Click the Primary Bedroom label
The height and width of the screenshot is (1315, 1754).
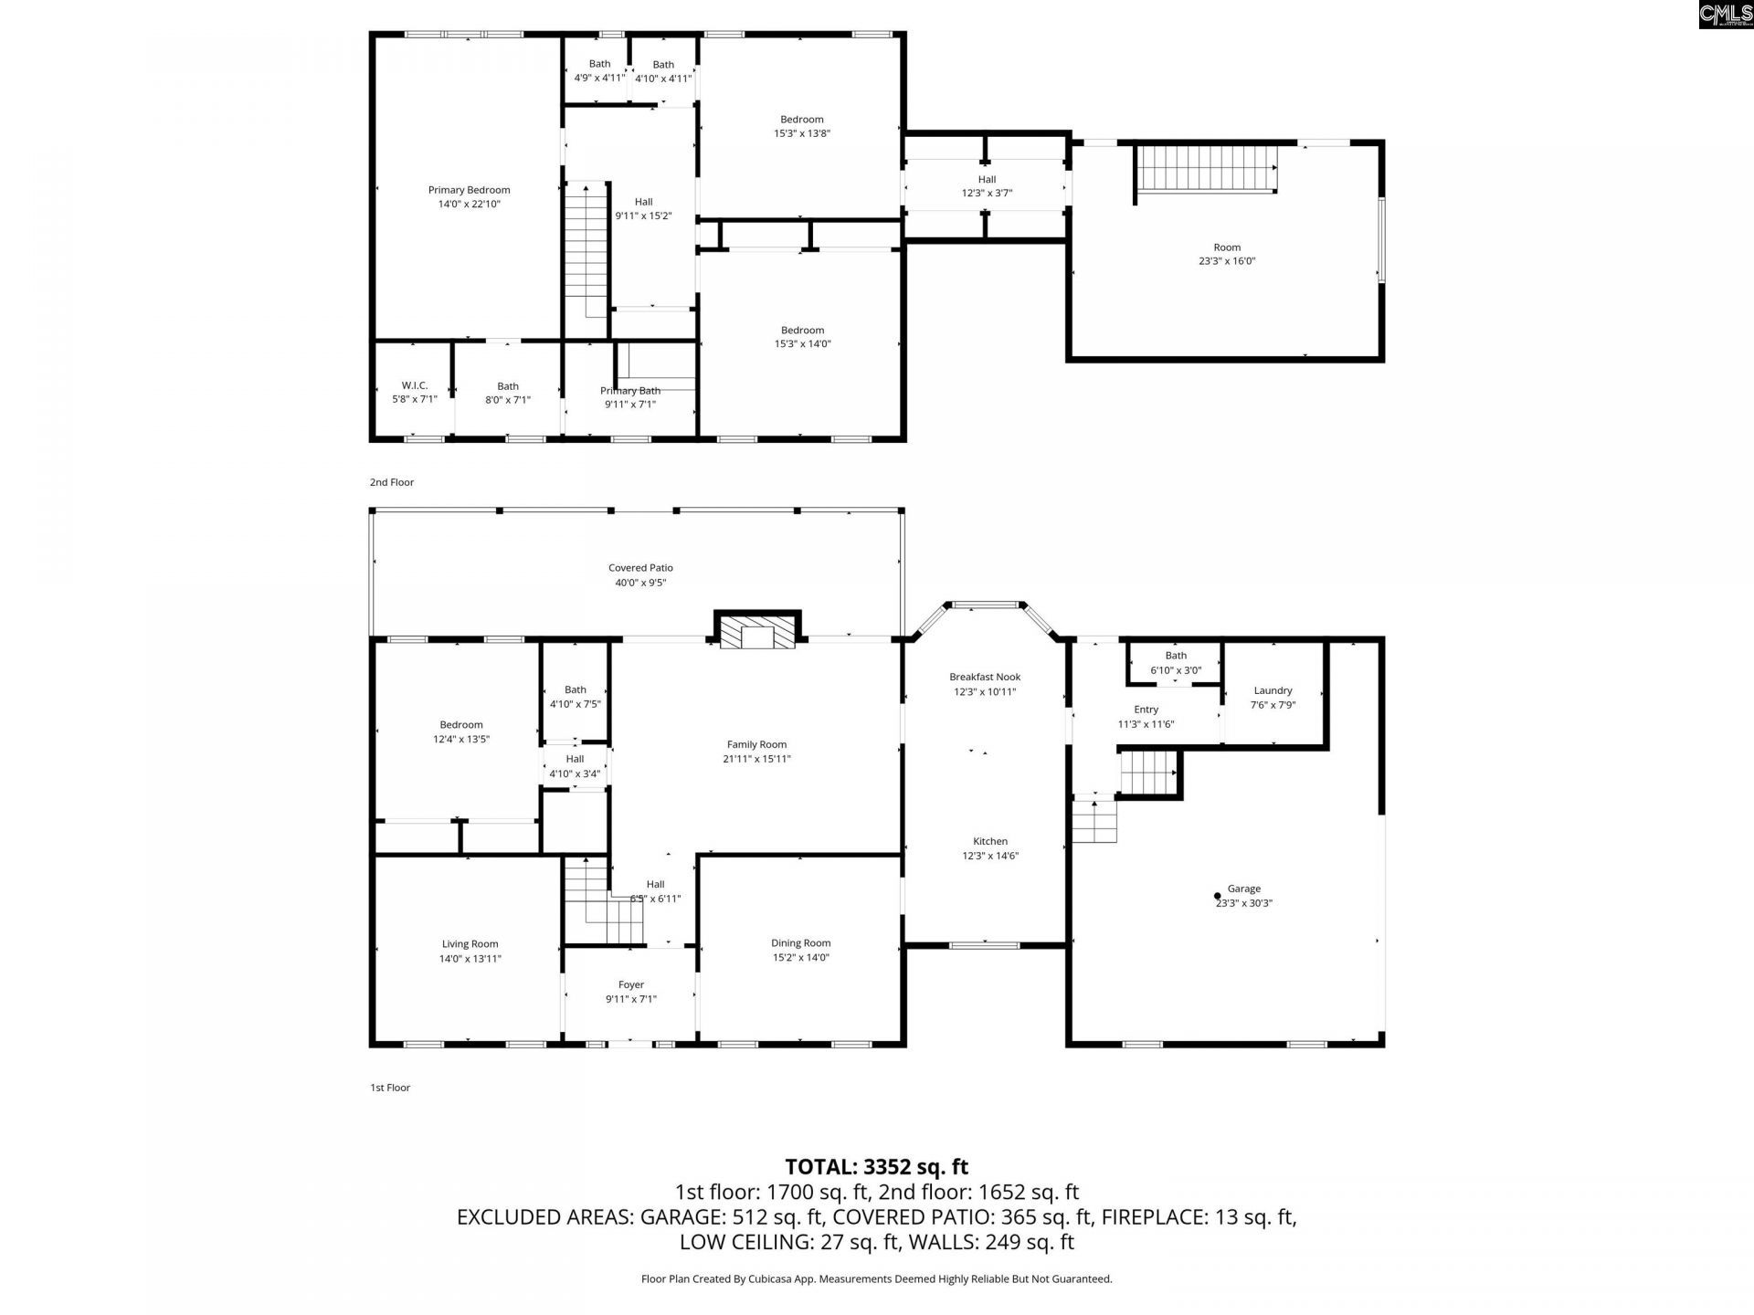tap(469, 190)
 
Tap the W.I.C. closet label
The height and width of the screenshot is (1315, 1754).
tap(415, 385)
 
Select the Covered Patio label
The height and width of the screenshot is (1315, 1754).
tap(640, 568)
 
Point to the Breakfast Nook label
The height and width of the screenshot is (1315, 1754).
tap(984, 677)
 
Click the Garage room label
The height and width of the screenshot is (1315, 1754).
tap(1243, 889)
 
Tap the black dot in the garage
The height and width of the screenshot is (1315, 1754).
tap(1217, 896)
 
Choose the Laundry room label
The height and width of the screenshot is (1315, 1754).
tap(1273, 690)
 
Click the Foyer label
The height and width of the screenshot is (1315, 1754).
tap(631, 984)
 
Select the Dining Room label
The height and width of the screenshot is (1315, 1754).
tap(800, 943)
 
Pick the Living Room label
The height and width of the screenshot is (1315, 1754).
tap(470, 944)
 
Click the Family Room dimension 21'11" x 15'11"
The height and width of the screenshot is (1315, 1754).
tap(756, 759)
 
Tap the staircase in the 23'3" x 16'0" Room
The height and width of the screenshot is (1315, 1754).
tap(1206, 170)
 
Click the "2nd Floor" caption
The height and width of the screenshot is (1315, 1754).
tap(392, 482)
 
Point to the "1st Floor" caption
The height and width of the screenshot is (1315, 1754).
tap(390, 1088)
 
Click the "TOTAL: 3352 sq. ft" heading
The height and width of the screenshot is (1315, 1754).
tap(877, 1167)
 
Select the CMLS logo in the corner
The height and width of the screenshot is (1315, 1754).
tap(1726, 14)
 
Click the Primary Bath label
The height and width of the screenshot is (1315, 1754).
tap(630, 391)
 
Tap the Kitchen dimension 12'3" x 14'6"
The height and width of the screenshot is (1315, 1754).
tap(990, 857)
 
